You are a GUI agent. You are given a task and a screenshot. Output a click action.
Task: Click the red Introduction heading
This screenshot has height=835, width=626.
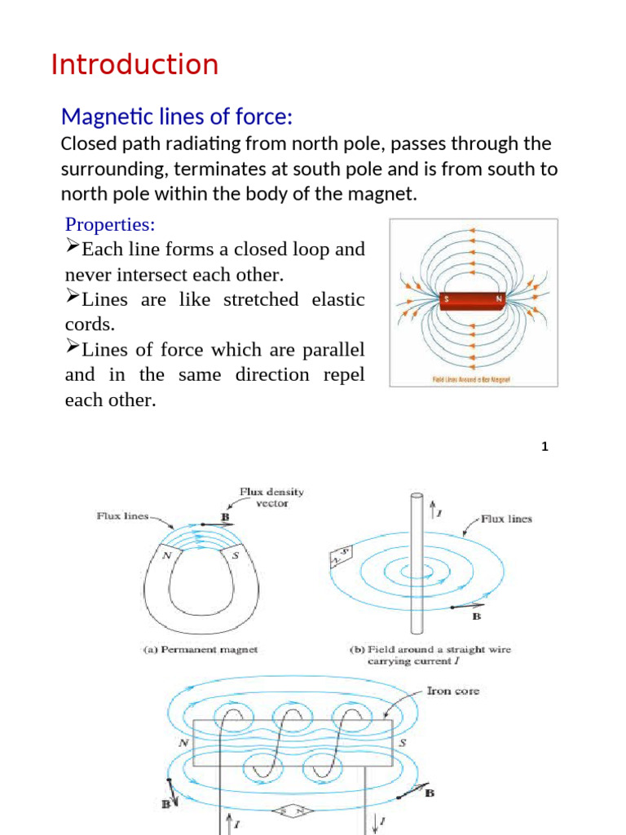click(x=134, y=64)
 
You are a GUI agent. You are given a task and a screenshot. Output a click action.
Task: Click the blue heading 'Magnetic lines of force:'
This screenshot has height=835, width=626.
click(x=177, y=117)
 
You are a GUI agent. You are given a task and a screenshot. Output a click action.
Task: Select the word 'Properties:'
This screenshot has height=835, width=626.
click(x=110, y=224)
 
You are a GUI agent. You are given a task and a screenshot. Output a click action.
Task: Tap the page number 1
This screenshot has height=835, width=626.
click(x=544, y=447)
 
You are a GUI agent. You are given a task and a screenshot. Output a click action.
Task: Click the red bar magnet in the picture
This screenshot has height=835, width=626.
click(x=473, y=299)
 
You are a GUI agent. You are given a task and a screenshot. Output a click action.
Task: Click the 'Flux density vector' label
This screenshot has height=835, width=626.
click(x=271, y=497)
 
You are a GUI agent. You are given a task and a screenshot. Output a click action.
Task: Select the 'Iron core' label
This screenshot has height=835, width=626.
click(x=453, y=691)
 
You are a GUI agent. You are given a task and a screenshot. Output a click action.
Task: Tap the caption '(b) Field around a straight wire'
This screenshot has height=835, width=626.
click(x=429, y=650)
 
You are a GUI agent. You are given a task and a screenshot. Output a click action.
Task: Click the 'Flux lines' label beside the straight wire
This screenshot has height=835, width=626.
click(x=506, y=519)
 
